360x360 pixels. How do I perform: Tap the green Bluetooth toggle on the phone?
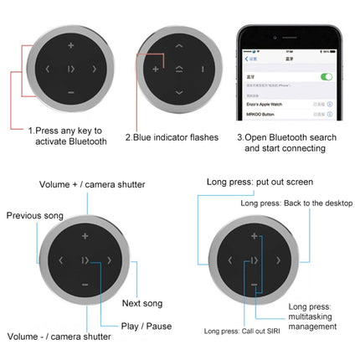coord(327,77)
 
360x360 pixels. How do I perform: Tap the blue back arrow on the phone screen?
coord(245,58)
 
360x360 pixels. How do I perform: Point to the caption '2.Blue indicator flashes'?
coord(172,136)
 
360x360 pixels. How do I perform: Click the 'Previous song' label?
coord(35,216)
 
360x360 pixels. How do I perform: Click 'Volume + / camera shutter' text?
coord(92,184)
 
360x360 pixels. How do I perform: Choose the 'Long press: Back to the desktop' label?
coord(292,203)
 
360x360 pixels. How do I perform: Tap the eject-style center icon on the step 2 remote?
coord(179,68)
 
